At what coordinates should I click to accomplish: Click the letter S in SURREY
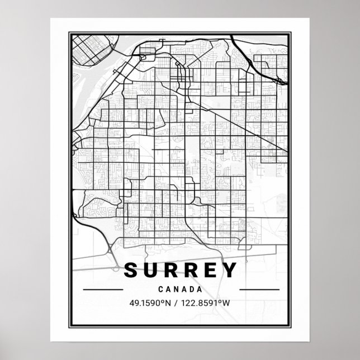tap(130, 271)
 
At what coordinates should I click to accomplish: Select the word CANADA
tap(180, 290)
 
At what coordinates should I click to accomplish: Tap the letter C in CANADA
tap(162, 290)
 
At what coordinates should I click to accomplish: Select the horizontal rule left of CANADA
tap(102, 290)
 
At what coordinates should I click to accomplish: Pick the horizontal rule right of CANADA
tap(259, 290)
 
